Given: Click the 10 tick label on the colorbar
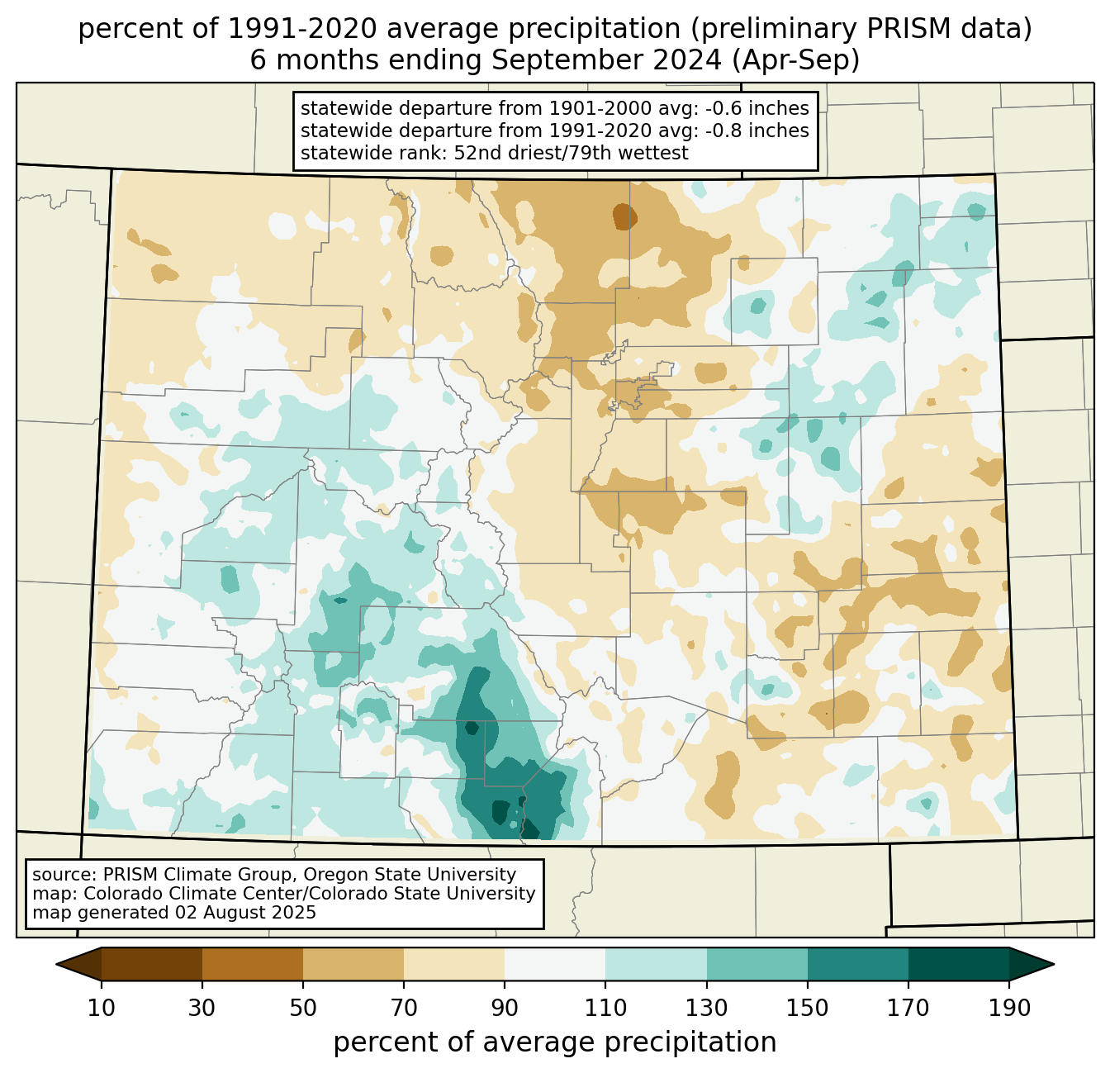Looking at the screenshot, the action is [x=101, y=1008].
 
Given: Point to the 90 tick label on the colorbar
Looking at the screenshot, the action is [x=505, y=1008].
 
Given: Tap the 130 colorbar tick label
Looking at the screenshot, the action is [x=706, y=1008].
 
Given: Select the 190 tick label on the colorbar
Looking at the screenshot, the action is [x=1009, y=1008].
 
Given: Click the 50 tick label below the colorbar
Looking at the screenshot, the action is [x=303, y=1008].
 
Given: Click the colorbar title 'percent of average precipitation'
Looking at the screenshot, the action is [x=555, y=1042].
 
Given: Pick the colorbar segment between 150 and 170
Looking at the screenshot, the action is [x=858, y=964].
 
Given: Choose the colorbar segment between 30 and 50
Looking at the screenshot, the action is [x=252, y=964].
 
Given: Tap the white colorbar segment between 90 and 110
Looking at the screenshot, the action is [x=555, y=964].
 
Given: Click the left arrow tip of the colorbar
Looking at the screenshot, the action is [x=56, y=964].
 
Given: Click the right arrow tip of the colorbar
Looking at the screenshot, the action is [x=1054, y=964].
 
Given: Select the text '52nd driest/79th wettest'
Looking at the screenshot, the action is [x=571, y=153].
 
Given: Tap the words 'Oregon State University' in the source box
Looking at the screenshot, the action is [x=410, y=875].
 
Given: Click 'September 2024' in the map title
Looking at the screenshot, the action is [x=606, y=60].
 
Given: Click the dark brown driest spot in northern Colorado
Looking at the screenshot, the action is [x=624, y=216].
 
